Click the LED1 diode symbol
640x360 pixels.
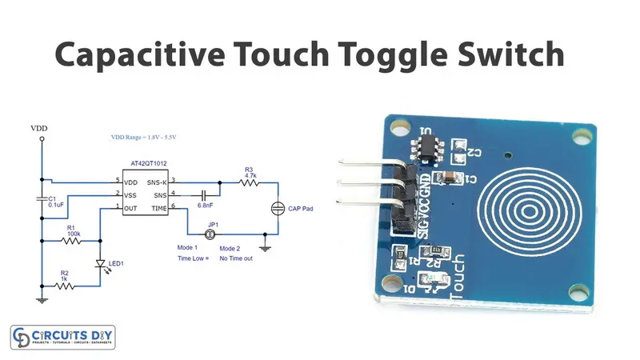point(99,263)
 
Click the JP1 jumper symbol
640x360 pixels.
point(211,234)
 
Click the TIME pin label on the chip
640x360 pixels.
point(160,208)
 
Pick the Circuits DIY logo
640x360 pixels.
point(62,337)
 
